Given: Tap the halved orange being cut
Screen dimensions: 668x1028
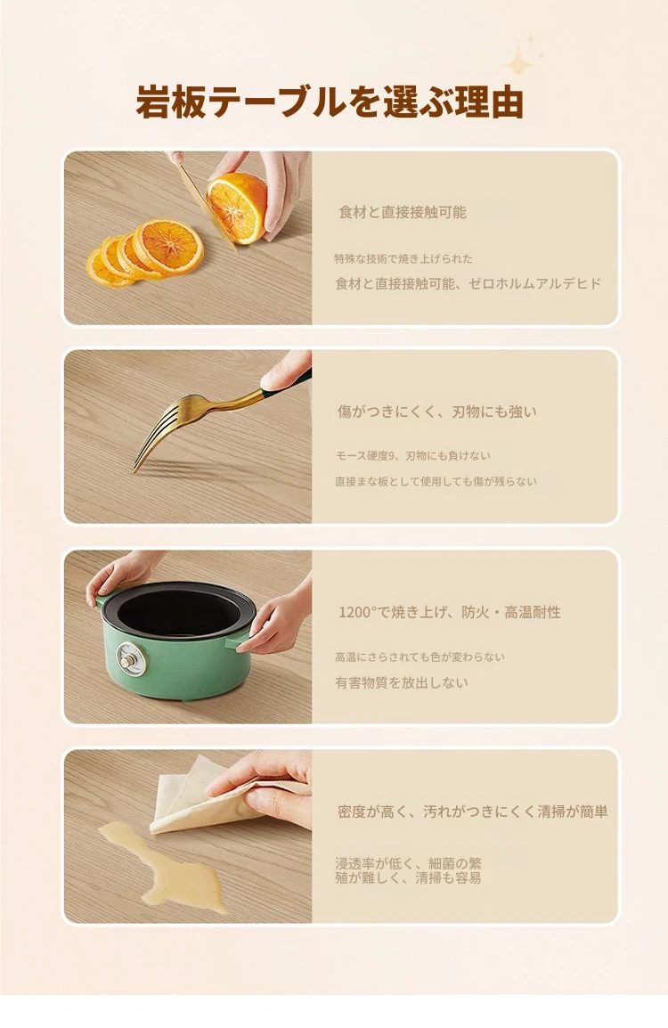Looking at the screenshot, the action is point(237,208).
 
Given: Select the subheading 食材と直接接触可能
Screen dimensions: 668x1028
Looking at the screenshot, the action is point(403,212).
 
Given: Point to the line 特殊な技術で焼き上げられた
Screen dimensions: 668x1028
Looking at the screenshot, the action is point(403,258).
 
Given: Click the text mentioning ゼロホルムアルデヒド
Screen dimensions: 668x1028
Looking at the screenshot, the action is point(468,283).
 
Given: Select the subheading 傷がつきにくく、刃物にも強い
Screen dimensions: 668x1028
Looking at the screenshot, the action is point(437,412).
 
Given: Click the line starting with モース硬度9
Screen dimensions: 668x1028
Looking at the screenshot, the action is point(413,455).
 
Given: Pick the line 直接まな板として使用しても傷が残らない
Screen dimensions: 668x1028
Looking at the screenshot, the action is point(436,481).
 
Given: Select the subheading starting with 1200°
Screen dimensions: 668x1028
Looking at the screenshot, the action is point(450,612).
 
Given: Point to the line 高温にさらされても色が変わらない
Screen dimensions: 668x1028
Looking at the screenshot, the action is point(420,657).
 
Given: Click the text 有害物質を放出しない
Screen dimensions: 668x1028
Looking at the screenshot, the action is point(402,682).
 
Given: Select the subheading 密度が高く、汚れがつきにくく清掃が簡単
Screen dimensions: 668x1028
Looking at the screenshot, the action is point(473,811).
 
